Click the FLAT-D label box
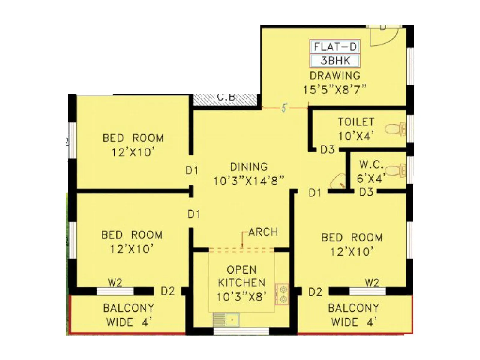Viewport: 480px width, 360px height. pyautogui.click(x=335, y=47)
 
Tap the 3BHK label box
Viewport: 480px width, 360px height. pyautogui.click(x=335, y=61)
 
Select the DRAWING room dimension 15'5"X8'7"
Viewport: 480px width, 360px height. pyautogui.click(x=335, y=90)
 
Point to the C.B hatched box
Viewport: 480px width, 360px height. pyautogui.click(x=225, y=99)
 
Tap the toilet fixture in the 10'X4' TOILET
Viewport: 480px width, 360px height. pyautogui.click(x=395, y=129)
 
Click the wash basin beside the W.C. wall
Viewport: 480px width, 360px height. pyautogui.click(x=337, y=181)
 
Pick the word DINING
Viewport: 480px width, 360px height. pyautogui.click(x=249, y=167)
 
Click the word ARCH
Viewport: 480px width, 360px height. pyautogui.click(x=263, y=232)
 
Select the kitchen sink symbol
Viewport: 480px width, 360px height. pyautogui.click(x=226, y=320)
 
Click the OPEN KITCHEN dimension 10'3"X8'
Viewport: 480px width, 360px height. pyautogui.click(x=241, y=297)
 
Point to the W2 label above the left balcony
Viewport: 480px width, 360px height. pyautogui.click(x=115, y=283)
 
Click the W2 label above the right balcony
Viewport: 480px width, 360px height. pyautogui.click(x=372, y=283)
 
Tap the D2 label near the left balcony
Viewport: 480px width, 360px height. pyautogui.click(x=168, y=291)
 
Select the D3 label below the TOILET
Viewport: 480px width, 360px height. pyautogui.click(x=327, y=149)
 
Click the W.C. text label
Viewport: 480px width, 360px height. pyautogui.click(x=371, y=164)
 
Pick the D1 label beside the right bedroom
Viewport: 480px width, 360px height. pyautogui.click(x=315, y=193)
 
